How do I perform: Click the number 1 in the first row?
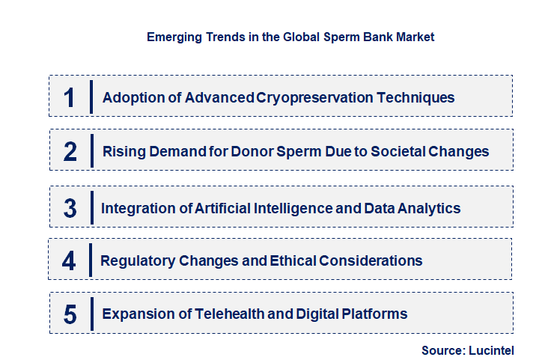click(x=70, y=97)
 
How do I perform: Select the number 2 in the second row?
click(x=70, y=152)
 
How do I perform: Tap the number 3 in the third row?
click(x=70, y=208)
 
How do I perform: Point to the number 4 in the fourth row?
click(x=70, y=261)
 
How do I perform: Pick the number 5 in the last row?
click(x=70, y=314)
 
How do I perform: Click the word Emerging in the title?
click(x=172, y=36)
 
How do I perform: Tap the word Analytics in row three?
click(x=429, y=207)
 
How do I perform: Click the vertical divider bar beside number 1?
click(x=91, y=97)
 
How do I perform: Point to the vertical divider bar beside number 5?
click(x=91, y=314)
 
